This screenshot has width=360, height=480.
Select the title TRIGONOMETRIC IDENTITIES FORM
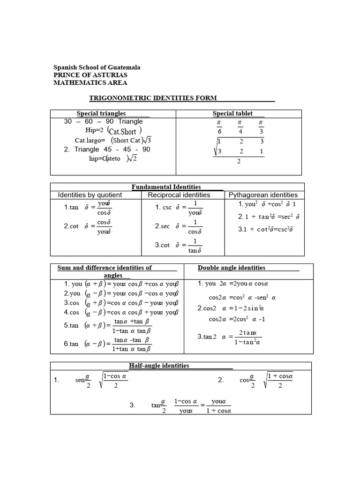click(x=153, y=98)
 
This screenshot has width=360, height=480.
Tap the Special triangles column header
click(x=101, y=113)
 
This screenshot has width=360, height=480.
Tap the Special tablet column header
click(x=232, y=113)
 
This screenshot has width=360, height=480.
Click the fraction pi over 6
click(x=219, y=127)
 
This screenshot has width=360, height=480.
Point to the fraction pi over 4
click(x=240, y=127)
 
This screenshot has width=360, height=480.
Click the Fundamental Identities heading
click(x=166, y=187)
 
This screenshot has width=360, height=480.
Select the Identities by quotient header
click(x=90, y=195)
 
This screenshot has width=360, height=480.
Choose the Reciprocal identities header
click(x=179, y=195)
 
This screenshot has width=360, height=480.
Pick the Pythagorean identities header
click(x=263, y=195)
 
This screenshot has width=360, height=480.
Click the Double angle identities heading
click(x=232, y=268)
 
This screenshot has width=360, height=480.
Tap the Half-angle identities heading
click(x=159, y=365)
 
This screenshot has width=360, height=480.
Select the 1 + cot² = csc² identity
click(x=266, y=229)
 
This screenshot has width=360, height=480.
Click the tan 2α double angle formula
click(x=230, y=337)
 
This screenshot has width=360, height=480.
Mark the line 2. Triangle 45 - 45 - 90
click(x=107, y=149)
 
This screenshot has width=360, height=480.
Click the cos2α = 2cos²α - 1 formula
click(x=238, y=319)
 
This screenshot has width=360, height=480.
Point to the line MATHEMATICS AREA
click(x=90, y=82)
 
